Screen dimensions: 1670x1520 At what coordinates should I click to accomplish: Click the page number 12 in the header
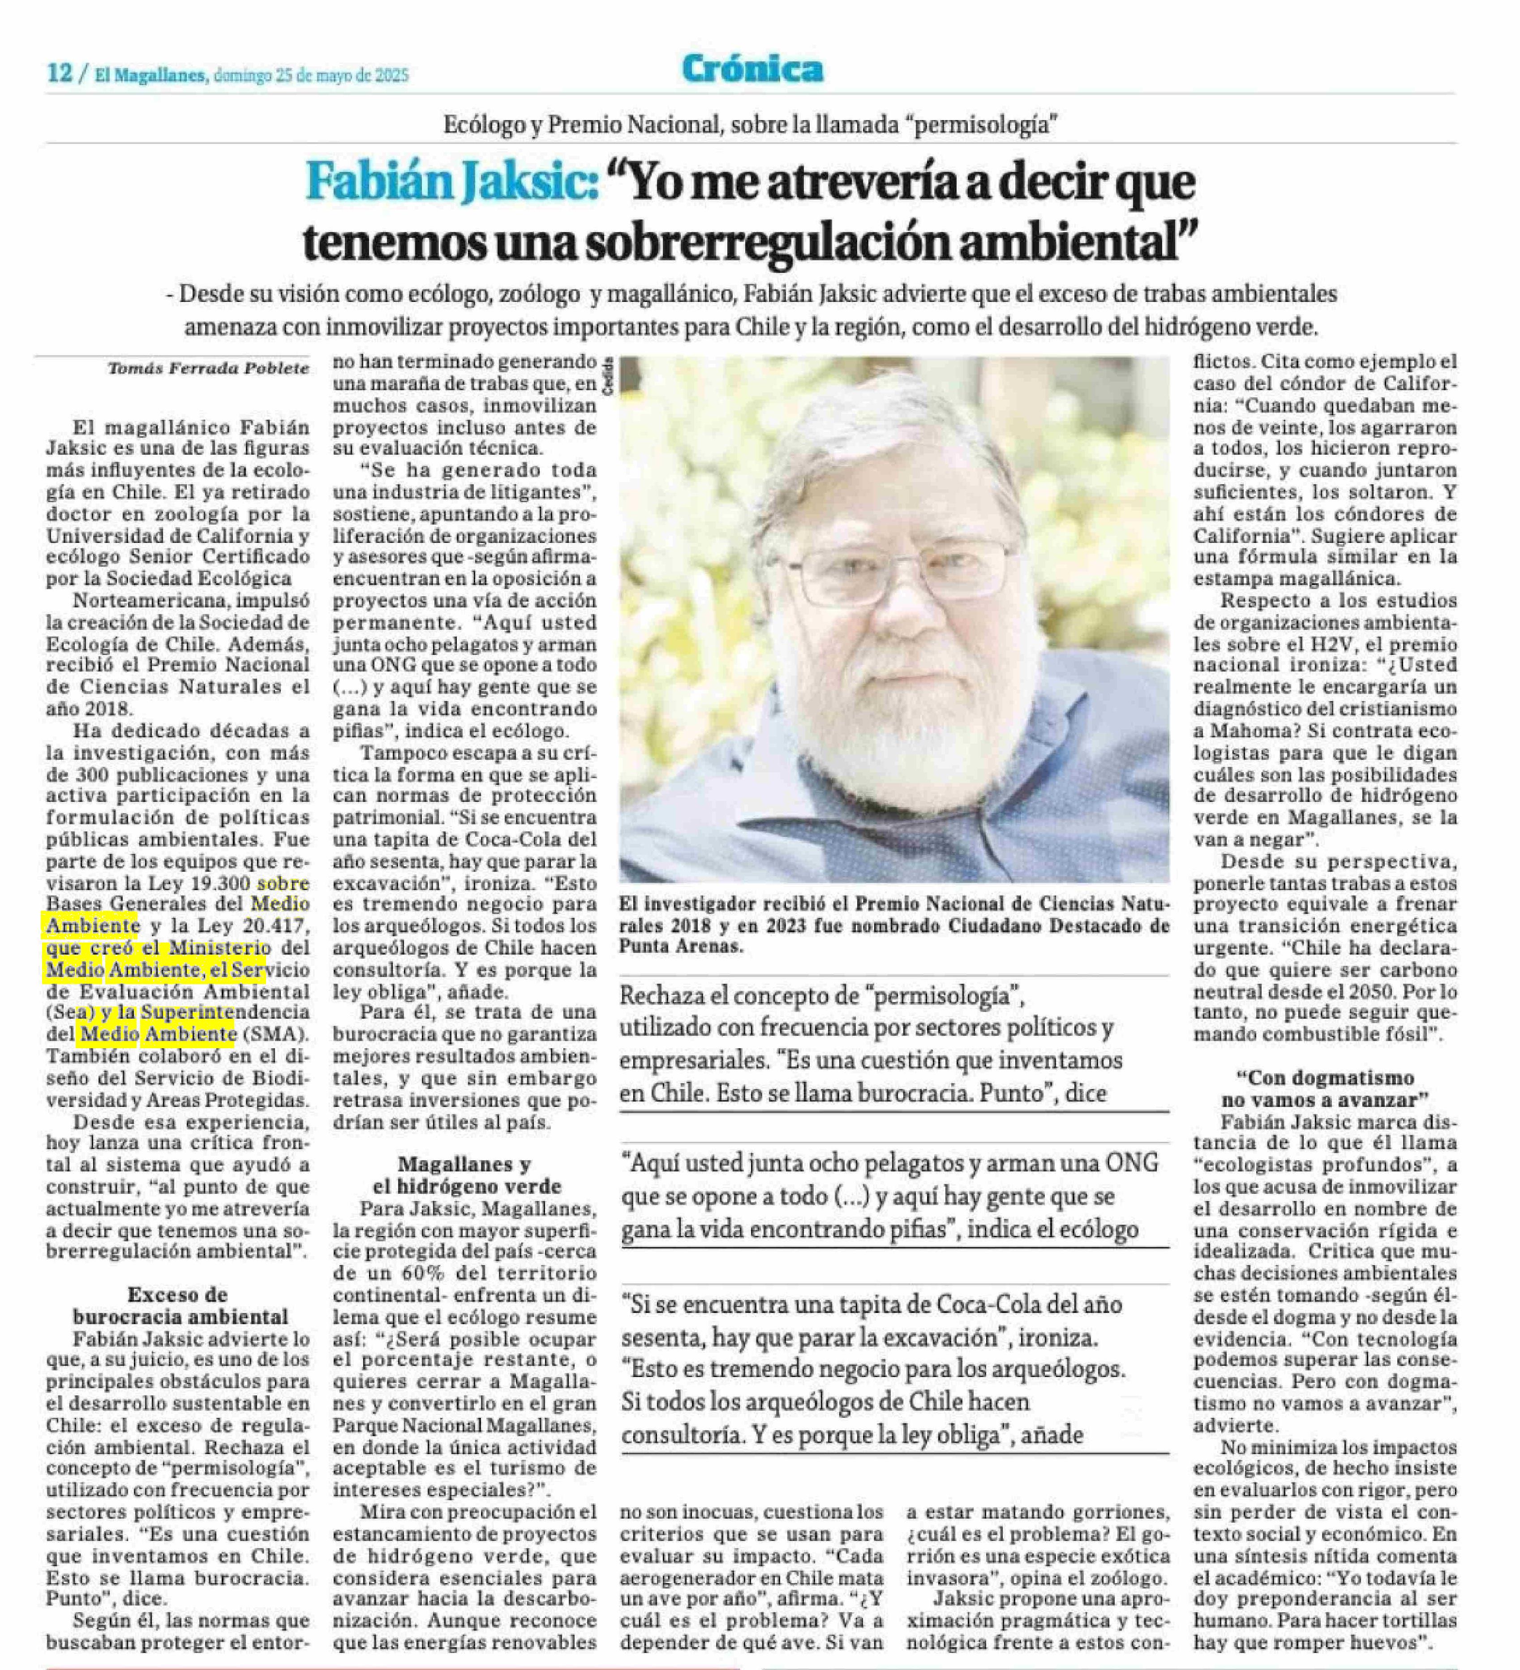60,74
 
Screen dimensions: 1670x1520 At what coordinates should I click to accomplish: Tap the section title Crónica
752,69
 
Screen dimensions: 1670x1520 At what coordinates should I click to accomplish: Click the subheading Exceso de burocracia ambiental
179,1305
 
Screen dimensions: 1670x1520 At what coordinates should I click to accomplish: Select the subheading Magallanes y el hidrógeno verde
464,1175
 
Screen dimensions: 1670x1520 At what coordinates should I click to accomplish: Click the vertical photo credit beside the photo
609,375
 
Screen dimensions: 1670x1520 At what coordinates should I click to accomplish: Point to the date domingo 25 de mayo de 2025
311,75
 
